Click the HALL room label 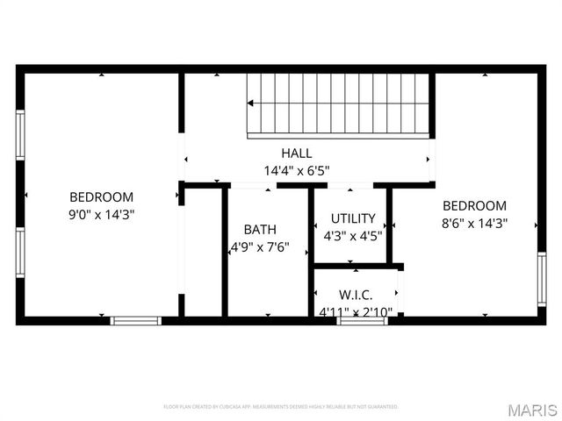pyautogui.click(x=297, y=153)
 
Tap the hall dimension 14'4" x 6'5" pyautogui.click(x=297, y=170)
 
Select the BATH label pyautogui.click(x=260, y=230)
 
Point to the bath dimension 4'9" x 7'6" pyautogui.click(x=260, y=247)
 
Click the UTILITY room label pyautogui.click(x=353, y=218)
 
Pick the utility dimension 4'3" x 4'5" pyautogui.click(x=353, y=235)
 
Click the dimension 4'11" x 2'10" pyautogui.click(x=357, y=310)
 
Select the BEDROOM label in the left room pyautogui.click(x=102, y=197)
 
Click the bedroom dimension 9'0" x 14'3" pyautogui.click(x=102, y=214)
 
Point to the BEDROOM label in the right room pyautogui.click(x=474, y=206)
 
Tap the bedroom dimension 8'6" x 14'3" pyautogui.click(x=474, y=223)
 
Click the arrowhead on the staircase pyautogui.click(x=251, y=103)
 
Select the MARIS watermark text pyautogui.click(x=532, y=410)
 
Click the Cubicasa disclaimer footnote pyautogui.click(x=281, y=407)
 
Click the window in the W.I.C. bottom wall pyautogui.click(x=363, y=321)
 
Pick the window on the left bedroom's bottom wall pyautogui.click(x=136, y=321)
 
